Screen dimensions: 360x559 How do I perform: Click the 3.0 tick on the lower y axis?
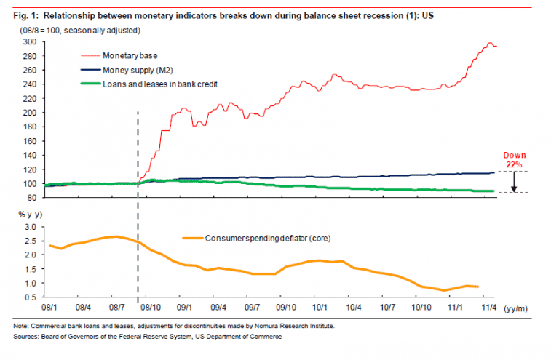click(29, 227)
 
